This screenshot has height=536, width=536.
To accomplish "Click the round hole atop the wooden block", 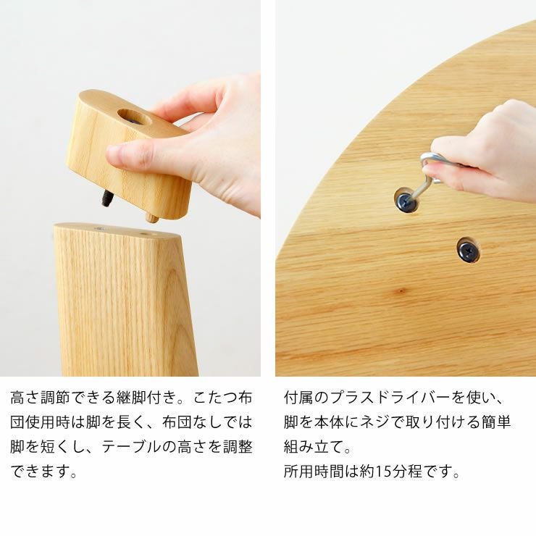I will click(x=134, y=116).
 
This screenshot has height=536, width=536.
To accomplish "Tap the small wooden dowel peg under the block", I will click(x=152, y=217).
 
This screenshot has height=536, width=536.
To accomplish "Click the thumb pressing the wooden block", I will click(x=127, y=154).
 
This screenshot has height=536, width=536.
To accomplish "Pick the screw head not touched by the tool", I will click(x=468, y=251).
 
